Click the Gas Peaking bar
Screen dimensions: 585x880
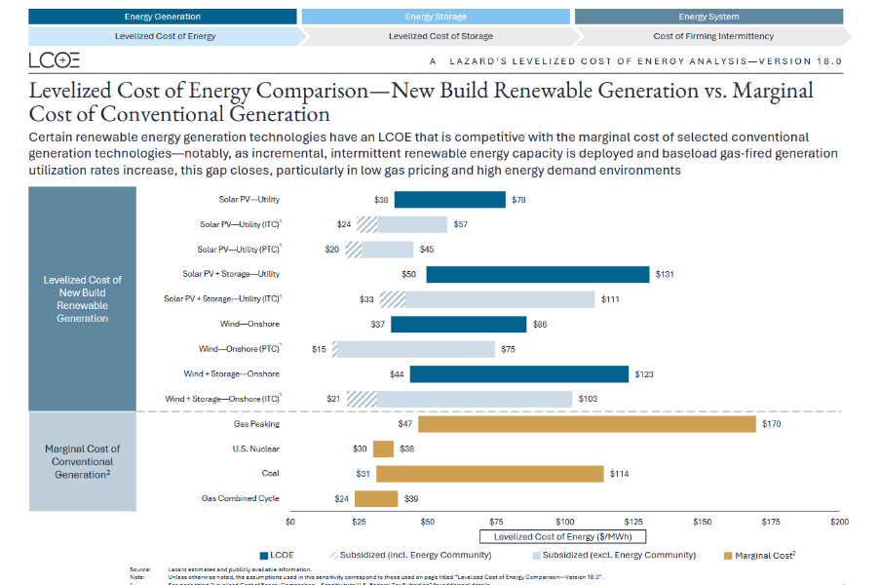587,424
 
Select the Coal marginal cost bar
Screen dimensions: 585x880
490,474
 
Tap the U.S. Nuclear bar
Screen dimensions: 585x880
383,448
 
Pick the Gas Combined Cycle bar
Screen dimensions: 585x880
376,498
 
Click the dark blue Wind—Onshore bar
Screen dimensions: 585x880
458,324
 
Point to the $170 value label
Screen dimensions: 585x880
771,424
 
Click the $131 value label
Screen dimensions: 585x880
665,274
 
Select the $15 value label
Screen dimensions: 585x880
319,349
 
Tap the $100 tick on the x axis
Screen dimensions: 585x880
565,522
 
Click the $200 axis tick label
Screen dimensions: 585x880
839,522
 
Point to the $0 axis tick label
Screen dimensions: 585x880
290,522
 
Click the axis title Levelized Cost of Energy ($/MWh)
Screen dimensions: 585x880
563,536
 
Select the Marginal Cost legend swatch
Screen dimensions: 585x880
729,555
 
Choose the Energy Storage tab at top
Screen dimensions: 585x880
436,17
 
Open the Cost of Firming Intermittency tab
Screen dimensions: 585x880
713,36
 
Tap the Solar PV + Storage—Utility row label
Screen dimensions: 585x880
231,274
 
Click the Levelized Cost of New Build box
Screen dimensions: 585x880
83,298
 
